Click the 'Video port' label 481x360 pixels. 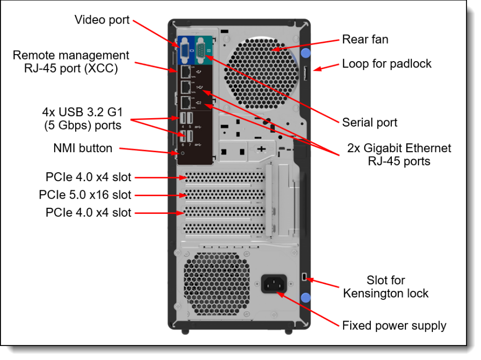102,20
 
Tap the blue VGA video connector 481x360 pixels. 185,50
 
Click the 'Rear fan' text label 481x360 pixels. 365,39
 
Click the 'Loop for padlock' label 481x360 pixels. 386,64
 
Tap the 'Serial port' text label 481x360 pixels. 369,122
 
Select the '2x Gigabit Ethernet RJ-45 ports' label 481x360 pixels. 399,155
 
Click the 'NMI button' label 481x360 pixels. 82,148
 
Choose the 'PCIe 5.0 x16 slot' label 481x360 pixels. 85,195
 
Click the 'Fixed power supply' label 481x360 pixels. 394,325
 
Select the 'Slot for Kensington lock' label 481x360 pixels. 385,287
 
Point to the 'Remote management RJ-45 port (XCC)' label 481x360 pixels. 71,62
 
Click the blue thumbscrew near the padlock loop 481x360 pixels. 306,53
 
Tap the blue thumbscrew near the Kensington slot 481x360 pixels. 306,298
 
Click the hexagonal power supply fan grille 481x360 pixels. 216,283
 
